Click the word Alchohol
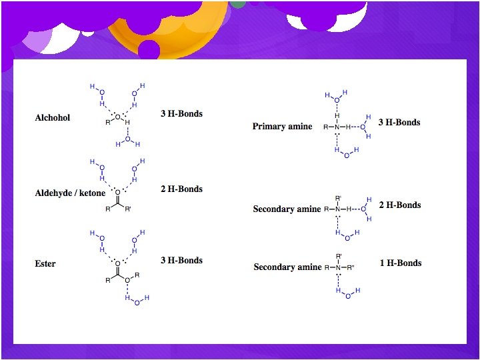tap(52, 118)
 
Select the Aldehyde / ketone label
tap(70, 193)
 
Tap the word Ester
tap(45, 264)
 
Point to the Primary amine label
tap(282, 127)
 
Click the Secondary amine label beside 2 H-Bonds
tap(287, 209)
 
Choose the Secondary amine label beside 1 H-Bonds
tap(287, 267)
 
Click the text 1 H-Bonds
tap(401, 263)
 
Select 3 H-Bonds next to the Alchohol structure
tap(181, 114)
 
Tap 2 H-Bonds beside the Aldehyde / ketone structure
tap(181, 189)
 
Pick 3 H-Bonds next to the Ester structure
tap(181, 261)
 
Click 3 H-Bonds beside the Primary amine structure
tap(399, 123)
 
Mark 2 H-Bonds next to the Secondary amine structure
tap(400, 205)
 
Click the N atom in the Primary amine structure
tap(337, 127)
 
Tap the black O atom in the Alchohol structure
tap(117, 117)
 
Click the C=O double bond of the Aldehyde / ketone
tap(117, 198)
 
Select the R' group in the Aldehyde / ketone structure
tap(129, 209)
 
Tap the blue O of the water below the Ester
tap(137, 303)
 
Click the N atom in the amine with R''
tap(338, 267)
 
